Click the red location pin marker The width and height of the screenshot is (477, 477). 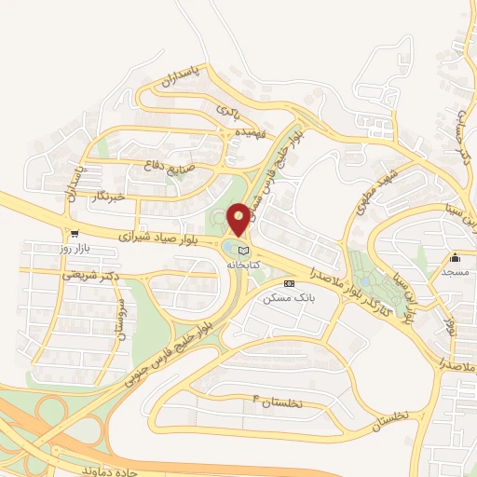click(238, 218)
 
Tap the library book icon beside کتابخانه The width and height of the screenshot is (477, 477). click(244, 250)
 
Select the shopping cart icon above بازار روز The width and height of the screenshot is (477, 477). click(74, 235)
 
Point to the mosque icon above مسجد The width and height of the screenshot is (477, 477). click(455, 258)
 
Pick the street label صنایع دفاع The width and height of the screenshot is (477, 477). click(171, 168)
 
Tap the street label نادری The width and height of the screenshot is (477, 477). click(228, 112)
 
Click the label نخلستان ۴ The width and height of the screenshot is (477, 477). click(275, 402)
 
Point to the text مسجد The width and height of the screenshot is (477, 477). click(455, 271)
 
